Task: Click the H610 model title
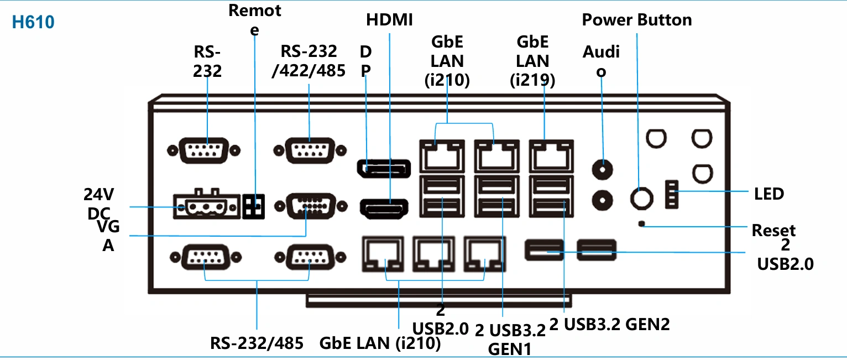(x=33, y=22)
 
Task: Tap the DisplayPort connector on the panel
(x=384, y=168)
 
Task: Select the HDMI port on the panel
(x=384, y=208)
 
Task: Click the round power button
(x=642, y=198)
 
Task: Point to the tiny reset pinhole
(x=641, y=224)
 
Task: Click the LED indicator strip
(x=672, y=194)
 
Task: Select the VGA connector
(x=311, y=206)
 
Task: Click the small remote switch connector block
(x=253, y=206)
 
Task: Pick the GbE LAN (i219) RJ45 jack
(x=551, y=156)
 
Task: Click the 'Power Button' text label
(x=637, y=20)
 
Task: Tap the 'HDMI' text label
(x=389, y=20)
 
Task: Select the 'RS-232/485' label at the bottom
(x=257, y=343)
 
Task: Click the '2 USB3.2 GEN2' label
(x=609, y=324)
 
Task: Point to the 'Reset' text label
(x=773, y=230)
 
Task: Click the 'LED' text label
(x=769, y=194)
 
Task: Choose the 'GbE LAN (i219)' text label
(x=532, y=61)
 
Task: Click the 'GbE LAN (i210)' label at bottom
(x=380, y=343)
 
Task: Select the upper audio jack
(x=602, y=169)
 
